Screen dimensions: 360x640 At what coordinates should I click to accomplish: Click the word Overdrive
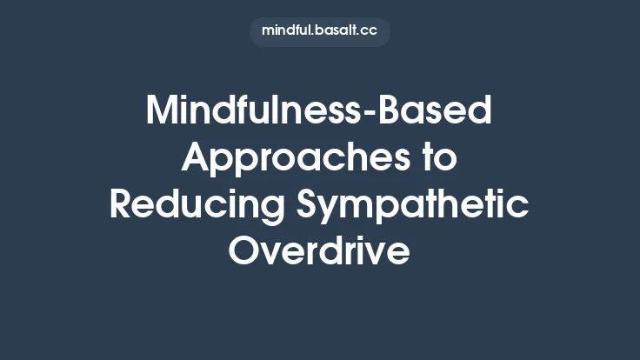click(x=319, y=251)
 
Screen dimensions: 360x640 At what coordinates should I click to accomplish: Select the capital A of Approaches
click(x=198, y=159)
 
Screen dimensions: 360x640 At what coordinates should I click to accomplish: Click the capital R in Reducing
click(x=122, y=205)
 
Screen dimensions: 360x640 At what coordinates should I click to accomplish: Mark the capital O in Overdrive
click(x=245, y=251)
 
